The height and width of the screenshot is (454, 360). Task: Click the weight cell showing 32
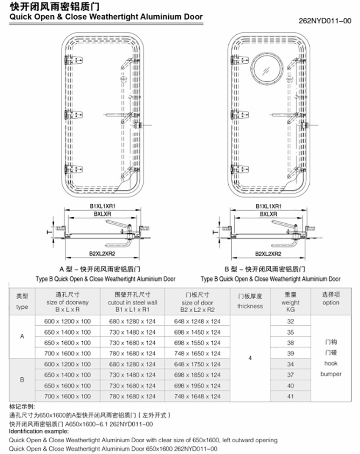(291, 321)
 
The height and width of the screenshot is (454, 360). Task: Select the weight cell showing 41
(291, 396)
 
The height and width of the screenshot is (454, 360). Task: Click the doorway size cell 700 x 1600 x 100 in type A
(68, 353)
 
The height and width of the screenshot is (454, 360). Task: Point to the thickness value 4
(250, 359)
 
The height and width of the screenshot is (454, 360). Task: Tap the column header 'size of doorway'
(68, 302)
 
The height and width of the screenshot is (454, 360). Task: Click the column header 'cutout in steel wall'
(133, 302)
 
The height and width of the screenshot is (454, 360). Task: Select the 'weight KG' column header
(291, 302)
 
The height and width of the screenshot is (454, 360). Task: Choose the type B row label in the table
(22, 380)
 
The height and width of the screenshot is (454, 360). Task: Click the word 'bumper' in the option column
(331, 374)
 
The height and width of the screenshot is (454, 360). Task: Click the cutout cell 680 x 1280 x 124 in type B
(133, 364)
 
